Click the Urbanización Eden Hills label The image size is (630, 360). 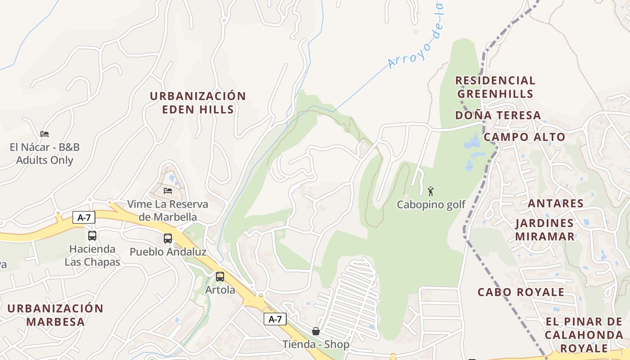[x=198, y=103]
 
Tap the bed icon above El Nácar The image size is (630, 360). [x=44, y=134]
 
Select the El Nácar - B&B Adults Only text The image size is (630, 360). [x=45, y=153]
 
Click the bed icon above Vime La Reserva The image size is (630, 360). [x=168, y=191]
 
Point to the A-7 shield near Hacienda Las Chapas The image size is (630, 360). [x=84, y=218]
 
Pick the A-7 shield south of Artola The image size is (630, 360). [x=275, y=319]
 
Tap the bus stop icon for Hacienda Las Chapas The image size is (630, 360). [x=92, y=235]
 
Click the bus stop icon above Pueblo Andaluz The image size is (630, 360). [x=168, y=238]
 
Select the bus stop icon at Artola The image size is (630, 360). [x=220, y=277]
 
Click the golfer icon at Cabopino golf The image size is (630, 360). [x=431, y=191]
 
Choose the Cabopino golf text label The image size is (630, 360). [x=431, y=205]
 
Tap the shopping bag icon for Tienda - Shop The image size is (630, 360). [x=316, y=331]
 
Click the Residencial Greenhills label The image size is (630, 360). [x=495, y=87]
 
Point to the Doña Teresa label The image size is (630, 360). [x=498, y=115]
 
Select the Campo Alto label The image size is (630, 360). [x=524, y=137]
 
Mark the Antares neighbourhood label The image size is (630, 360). [x=555, y=203]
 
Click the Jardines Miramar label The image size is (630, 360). [x=544, y=229]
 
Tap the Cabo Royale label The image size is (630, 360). [x=521, y=292]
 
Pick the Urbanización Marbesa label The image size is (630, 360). [x=55, y=315]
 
